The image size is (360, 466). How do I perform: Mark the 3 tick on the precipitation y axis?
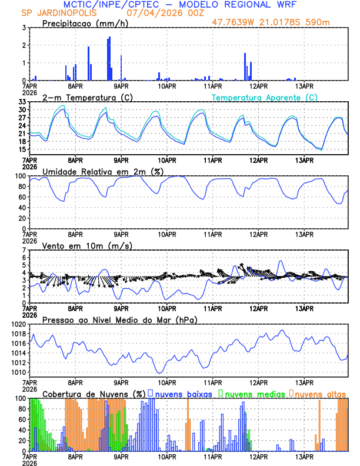click(x=24, y=28)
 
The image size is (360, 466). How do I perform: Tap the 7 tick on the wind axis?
click(x=24, y=250)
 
